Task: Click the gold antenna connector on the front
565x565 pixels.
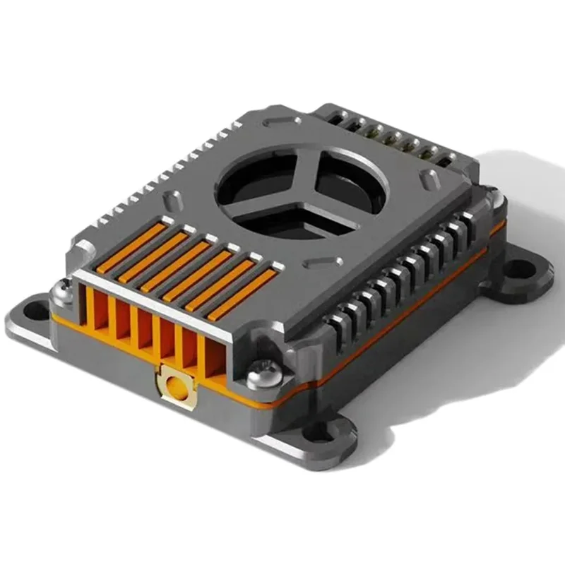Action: coord(173,387)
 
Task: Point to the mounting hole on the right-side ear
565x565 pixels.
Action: coord(521,269)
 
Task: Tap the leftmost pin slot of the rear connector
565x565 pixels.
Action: coord(350,120)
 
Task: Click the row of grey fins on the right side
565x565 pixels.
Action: coord(403,275)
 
